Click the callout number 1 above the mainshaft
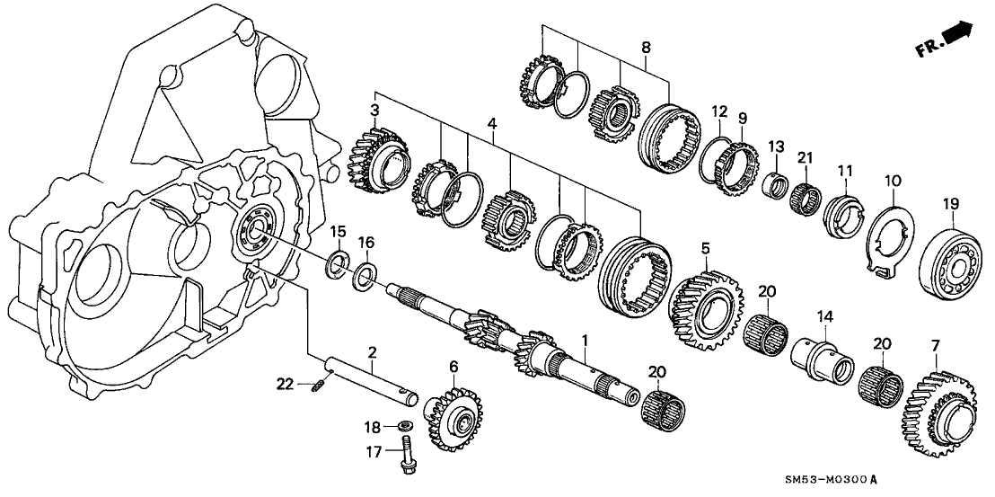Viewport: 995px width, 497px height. tap(585, 342)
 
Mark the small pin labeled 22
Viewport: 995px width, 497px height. tap(318, 386)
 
